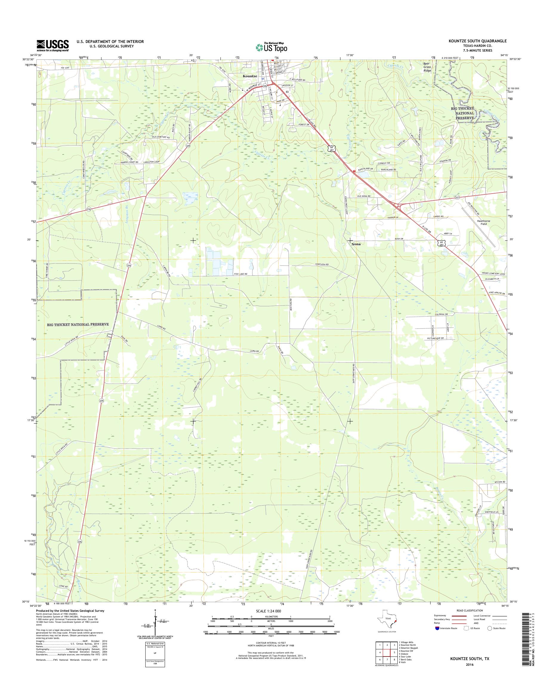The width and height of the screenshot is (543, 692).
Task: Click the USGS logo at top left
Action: click(53, 45)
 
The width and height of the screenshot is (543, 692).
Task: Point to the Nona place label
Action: click(356, 245)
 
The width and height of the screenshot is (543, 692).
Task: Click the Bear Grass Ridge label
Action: click(427, 67)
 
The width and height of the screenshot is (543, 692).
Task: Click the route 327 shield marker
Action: click(457, 197)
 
